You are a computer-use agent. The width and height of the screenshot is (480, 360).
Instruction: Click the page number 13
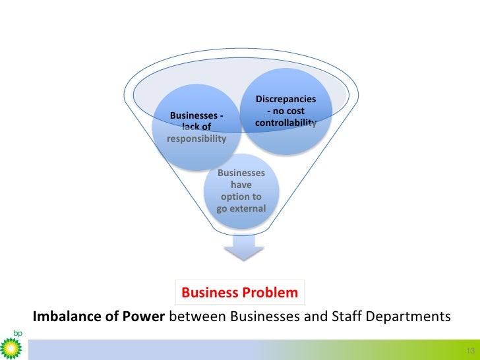click(470, 349)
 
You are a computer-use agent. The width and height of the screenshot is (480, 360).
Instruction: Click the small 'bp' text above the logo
click(11, 333)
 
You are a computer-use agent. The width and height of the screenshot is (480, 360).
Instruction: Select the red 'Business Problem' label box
click(239, 292)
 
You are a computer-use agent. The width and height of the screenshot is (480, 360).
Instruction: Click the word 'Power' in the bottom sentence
click(148, 316)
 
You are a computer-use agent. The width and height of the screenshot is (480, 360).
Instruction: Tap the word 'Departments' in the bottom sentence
click(404, 316)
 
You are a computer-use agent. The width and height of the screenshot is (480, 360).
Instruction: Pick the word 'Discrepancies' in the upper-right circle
click(285, 100)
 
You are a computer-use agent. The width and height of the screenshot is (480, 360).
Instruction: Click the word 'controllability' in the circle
click(285, 123)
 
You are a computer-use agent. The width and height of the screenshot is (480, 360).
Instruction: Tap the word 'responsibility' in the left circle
click(196, 139)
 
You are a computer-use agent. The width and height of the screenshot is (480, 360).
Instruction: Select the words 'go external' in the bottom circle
click(241, 209)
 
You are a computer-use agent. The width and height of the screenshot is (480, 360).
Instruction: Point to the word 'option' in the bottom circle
click(241, 197)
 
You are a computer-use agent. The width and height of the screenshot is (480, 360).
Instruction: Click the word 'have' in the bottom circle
click(241, 185)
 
